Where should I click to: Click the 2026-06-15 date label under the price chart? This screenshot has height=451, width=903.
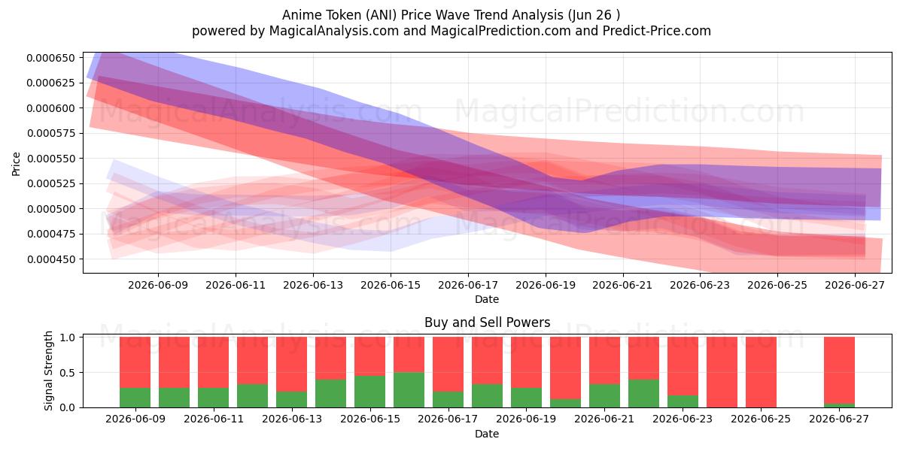tap(391, 285)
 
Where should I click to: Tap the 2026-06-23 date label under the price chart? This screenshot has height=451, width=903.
tap(700, 285)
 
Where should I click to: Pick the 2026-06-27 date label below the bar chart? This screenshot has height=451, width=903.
tap(839, 419)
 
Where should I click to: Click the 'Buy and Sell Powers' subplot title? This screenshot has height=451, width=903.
tap(487, 322)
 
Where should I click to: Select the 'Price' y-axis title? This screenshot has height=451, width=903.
tap(16, 165)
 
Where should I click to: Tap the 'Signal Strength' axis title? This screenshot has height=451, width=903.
tap(48, 371)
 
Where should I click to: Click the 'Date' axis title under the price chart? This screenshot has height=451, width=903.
tap(487, 299)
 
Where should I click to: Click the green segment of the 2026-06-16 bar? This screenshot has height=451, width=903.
tap(409, 390)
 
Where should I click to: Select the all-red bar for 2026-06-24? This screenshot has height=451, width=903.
tap(722, 372)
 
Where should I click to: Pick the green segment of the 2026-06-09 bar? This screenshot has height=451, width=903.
tap(135, 398)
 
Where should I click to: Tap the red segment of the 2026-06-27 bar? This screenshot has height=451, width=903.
tap(839, 370)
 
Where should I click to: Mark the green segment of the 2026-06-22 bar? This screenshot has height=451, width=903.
tap(643, 393)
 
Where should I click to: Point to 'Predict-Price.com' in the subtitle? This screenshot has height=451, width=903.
tap(657, 31)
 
